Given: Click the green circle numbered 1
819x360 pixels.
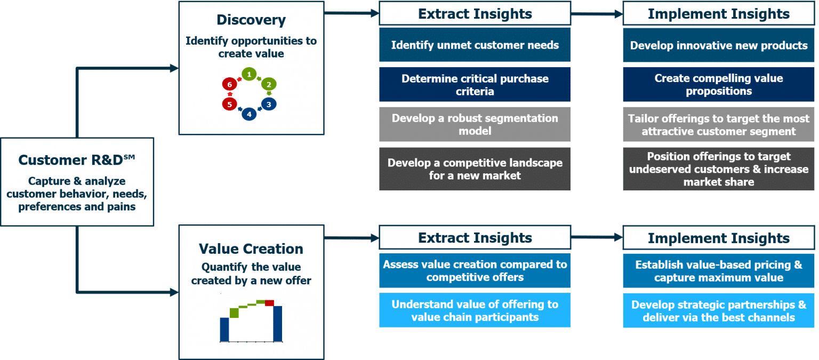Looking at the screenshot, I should tap(249, 74).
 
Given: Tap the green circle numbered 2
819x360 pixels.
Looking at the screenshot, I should tap(269, 84).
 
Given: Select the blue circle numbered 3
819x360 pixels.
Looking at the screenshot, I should tap(269, 105).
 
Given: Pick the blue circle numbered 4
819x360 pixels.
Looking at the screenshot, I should tap(249, 114).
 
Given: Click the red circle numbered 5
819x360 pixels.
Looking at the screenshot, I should tap(229, 105).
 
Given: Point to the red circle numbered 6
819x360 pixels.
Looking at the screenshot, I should tap(229, 84).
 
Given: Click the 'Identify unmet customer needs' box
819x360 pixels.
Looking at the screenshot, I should tap(475, 45).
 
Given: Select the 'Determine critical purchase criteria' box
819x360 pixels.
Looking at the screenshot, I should tap(475, 85).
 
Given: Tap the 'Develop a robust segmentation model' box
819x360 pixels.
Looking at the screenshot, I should tap(475, 124).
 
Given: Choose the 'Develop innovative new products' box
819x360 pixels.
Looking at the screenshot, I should tap(718, 45).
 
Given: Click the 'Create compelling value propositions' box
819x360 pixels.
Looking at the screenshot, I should tap(718, 85).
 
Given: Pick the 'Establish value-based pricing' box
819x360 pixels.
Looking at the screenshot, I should tap(718, 271).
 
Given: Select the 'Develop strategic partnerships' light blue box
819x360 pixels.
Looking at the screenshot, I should tap(718, 311).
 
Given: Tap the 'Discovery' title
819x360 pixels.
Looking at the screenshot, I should tap(251, 20).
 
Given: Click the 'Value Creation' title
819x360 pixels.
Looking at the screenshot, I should tap(251, 249).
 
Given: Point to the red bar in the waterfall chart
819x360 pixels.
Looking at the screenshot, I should tap(269, 303).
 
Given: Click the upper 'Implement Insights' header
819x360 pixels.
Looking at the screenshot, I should tap(718, 14).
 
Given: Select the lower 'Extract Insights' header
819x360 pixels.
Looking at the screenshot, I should tap(475, 238).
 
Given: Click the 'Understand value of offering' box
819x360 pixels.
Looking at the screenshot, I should tap(475, 311).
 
